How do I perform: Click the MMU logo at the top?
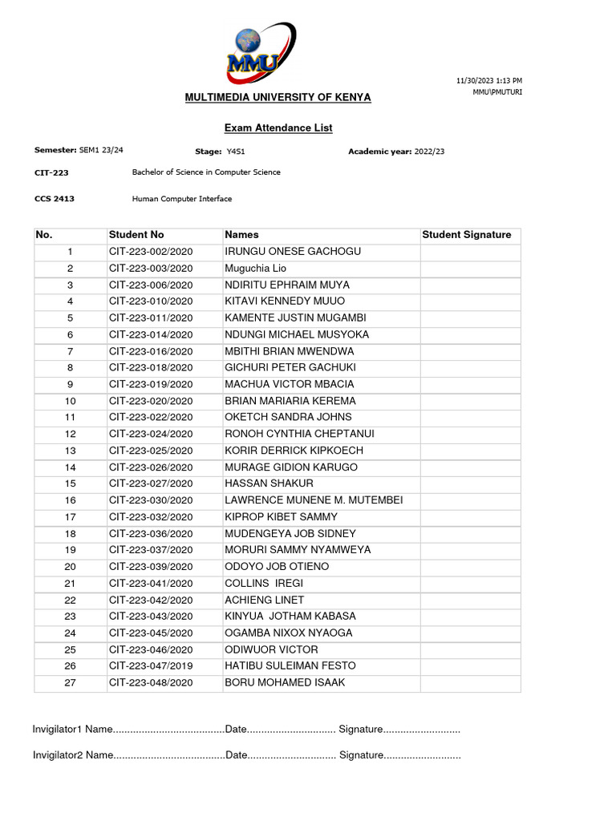(x=260, y=51)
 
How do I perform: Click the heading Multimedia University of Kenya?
(x=278, y=97)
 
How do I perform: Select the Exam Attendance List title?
(x=278, y=127)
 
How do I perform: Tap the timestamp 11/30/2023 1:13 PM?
(x=488, y=81)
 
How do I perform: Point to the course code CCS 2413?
(x=55, y=199)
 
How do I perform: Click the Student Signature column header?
(x=466, y=235)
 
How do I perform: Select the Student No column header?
(x=136, y=235)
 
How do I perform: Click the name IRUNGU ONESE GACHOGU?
(x=293, y=252)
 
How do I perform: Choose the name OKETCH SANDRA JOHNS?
(x=288, y=417)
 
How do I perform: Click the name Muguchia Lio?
(x=255, y=269)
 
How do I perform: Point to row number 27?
(x=70, y=682)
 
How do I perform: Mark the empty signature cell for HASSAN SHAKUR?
(x=470, y=483)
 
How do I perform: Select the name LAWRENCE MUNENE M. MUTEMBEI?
(x=314, y=500)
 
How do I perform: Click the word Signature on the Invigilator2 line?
(x=361, y=755)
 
